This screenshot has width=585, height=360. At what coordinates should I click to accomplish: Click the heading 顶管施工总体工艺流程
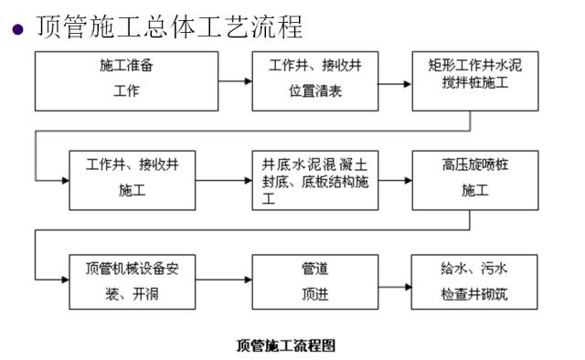(x=169, y=26)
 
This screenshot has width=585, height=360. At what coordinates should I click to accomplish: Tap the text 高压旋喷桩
(x=469, y=167)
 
